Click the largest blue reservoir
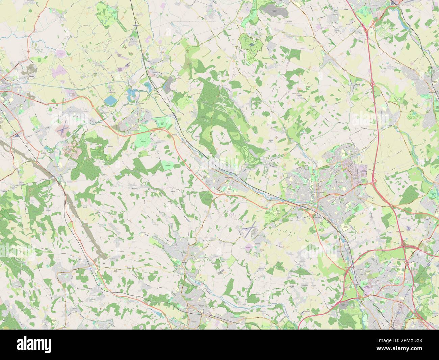point(109,100)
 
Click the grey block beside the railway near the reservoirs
point(167,86)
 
